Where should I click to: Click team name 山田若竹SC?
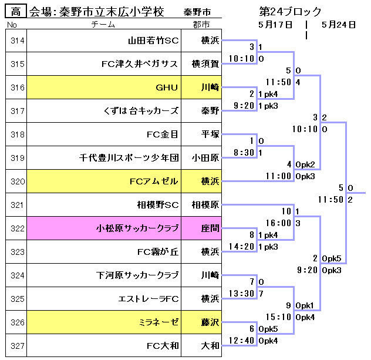(153, 41)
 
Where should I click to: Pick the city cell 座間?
(210, 228)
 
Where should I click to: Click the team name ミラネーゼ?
(158, 322)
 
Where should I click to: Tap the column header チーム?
(104, 25)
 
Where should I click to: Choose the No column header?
(12, 25)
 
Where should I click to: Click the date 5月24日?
(339, 25)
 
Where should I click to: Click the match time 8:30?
(244, 152)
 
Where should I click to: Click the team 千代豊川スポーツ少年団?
(129, 158)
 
